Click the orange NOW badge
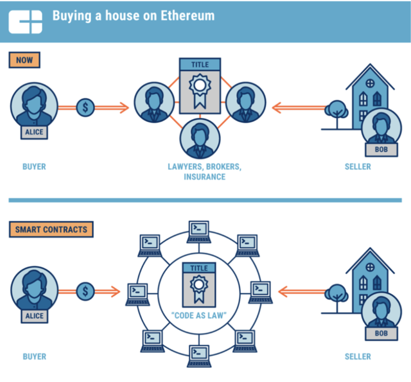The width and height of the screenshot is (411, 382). coord(24,60)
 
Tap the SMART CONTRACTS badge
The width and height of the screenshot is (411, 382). coord(51,229)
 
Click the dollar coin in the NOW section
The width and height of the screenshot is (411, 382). coord(85,107)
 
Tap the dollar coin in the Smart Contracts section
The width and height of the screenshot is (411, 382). coord(85,291)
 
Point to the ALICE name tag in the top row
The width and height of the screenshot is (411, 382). coord(34,132)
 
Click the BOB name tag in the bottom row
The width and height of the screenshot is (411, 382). coord(381,333)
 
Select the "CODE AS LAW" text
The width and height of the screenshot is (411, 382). coord(199,315)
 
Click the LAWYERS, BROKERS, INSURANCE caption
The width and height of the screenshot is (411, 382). coord(204,171)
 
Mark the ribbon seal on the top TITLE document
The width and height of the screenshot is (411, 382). coord(199,90)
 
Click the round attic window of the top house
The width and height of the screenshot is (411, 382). coord(370,83)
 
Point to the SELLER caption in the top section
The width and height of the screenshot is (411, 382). coord(357,167)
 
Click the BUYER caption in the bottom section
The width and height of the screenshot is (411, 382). coord(34,356)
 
